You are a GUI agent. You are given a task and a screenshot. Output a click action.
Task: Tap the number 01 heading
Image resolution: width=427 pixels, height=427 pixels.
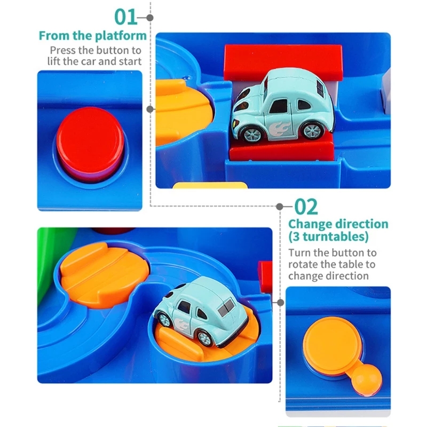[126, 17]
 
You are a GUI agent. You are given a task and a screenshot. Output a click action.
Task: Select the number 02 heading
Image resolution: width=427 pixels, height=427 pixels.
[306, 207]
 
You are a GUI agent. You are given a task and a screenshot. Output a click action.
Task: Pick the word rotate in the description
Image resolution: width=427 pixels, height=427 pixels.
[303, 264]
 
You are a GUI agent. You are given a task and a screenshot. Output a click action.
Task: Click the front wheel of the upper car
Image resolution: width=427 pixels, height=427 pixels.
[251, 135]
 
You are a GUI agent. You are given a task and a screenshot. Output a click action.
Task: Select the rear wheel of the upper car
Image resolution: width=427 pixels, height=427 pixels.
[313, 131]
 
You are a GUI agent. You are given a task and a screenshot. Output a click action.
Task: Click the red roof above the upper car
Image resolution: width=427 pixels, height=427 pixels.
[283, 62]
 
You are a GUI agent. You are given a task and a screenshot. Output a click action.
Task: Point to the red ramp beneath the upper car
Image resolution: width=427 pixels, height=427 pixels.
[282, 149]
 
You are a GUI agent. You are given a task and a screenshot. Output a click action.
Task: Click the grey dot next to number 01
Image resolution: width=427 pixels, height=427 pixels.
[150, 18]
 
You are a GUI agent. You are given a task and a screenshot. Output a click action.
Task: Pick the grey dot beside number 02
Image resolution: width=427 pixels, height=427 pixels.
[279, 207]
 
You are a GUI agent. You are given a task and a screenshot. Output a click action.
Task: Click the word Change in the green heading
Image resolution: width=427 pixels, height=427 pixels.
[309, 224]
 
